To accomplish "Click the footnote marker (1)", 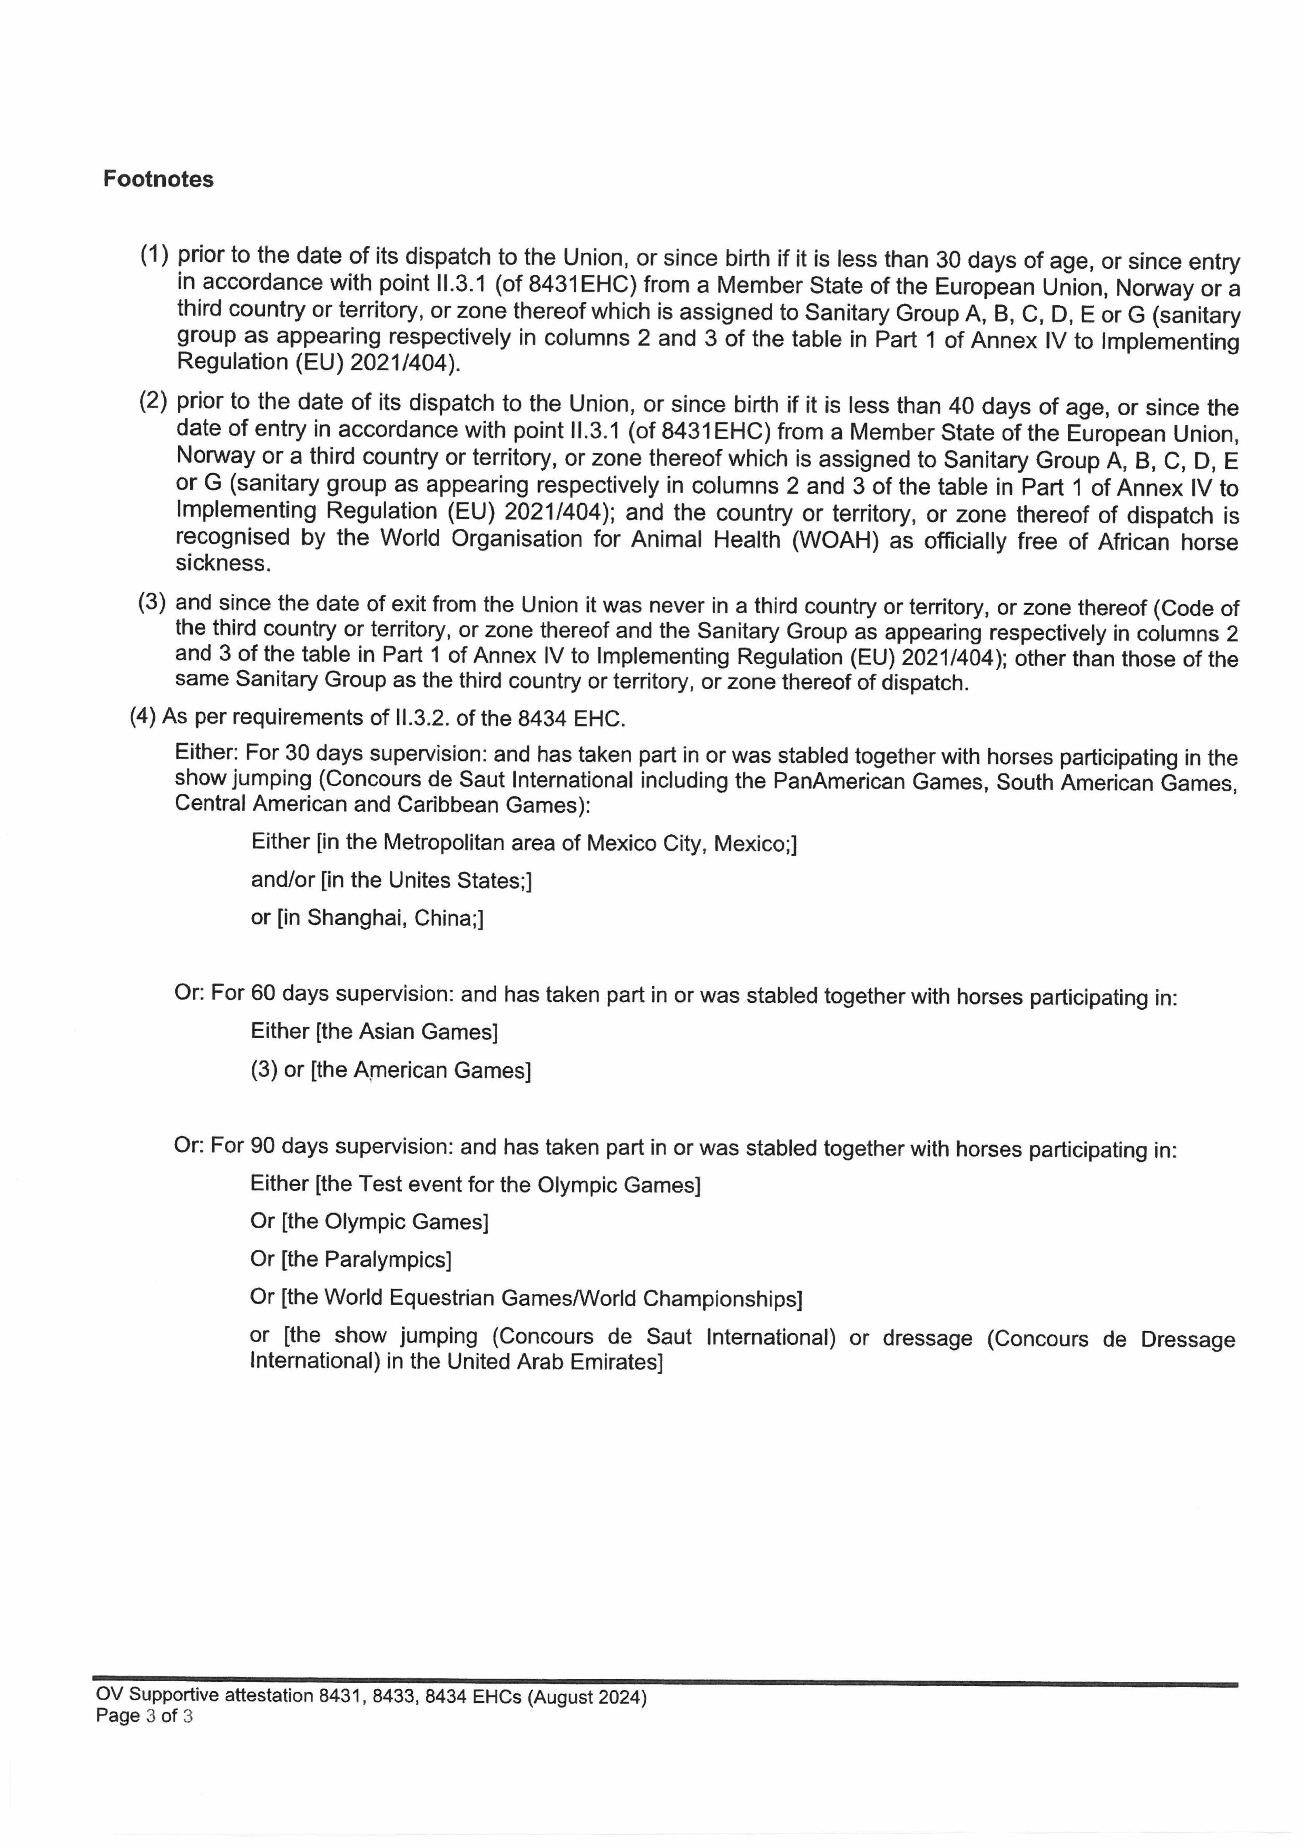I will [154, 256].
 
